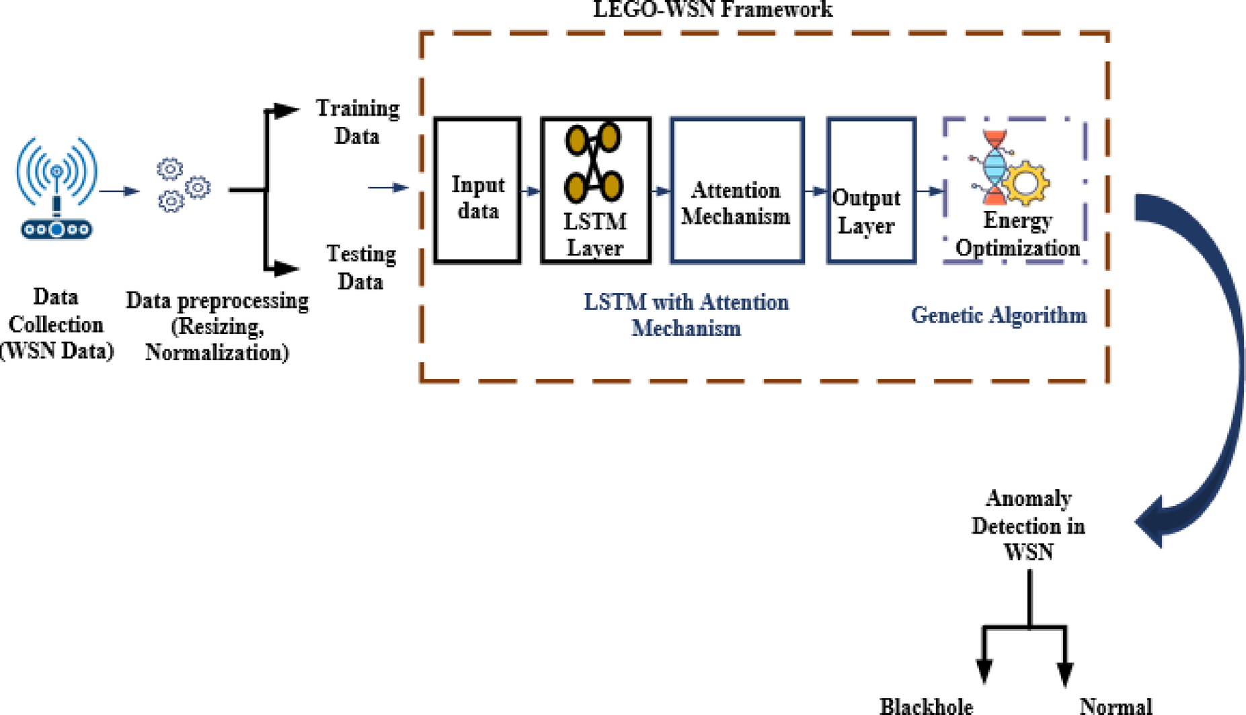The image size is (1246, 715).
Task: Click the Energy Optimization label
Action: point(1017,234)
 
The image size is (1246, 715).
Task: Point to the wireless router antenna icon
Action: point(56,188)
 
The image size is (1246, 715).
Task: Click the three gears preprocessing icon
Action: point(182,185)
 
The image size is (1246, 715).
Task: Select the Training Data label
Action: point(357,122)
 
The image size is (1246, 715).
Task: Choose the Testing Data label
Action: point(360,267)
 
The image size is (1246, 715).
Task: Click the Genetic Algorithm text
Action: point(998,314)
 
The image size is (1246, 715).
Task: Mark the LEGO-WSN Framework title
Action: point(712,9)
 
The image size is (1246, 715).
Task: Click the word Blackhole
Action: point(926,706)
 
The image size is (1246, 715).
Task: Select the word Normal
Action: point(1115,706)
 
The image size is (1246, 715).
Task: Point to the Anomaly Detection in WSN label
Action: point(1027,525)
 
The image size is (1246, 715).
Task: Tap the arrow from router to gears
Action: point(119,191)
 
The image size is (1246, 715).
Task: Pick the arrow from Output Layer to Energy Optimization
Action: point(929,191)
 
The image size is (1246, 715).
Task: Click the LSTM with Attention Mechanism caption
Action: point(686,314)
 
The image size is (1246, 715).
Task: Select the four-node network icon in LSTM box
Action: point(593,163)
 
